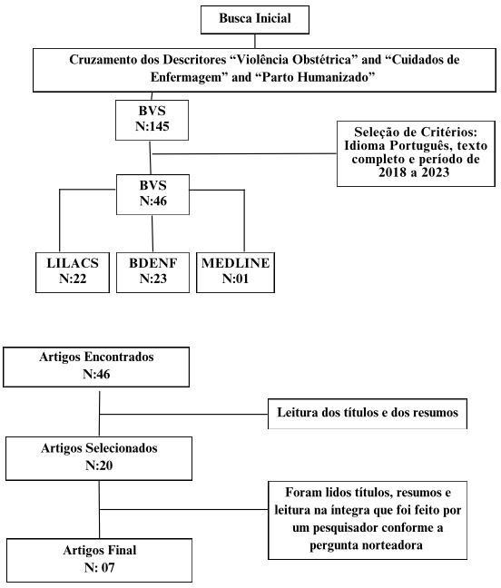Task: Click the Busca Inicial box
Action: point(255,19)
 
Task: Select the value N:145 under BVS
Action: point(152,126)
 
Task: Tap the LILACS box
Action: point(73,272)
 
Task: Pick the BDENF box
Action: point(153,272)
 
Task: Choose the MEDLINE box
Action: point(235,272)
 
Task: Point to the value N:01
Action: point(235,279)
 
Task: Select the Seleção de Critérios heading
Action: point(416,132)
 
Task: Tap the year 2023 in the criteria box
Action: point(435,172)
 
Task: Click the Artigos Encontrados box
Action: point(96,367)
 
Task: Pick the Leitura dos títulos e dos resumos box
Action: point(368,414)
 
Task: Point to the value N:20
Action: point(99,465)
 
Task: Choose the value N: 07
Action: point(99,568)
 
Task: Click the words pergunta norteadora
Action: point(366,545)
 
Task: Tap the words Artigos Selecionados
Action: point(99,448)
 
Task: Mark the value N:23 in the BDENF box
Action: point(153,279)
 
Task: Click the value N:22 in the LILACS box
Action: point(73,279)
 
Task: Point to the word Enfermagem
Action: point(190,77)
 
